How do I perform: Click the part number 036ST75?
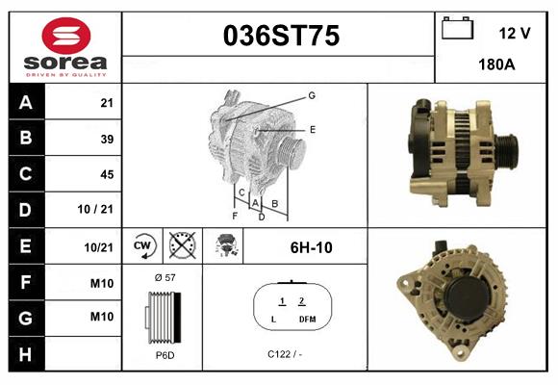(281, 37)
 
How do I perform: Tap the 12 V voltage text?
(515, 33)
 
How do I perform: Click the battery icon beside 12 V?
(456, 29)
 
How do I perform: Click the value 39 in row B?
(107, 140)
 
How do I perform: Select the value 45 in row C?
(107, 175)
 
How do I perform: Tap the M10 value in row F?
(102, 282)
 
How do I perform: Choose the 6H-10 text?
(310, 247)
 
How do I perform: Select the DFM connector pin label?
(306, 319)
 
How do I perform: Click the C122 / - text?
(287, 354)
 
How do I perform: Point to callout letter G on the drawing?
(313, 95)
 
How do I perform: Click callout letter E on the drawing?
(313, 128)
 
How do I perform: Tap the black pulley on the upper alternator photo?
(507, 150)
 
